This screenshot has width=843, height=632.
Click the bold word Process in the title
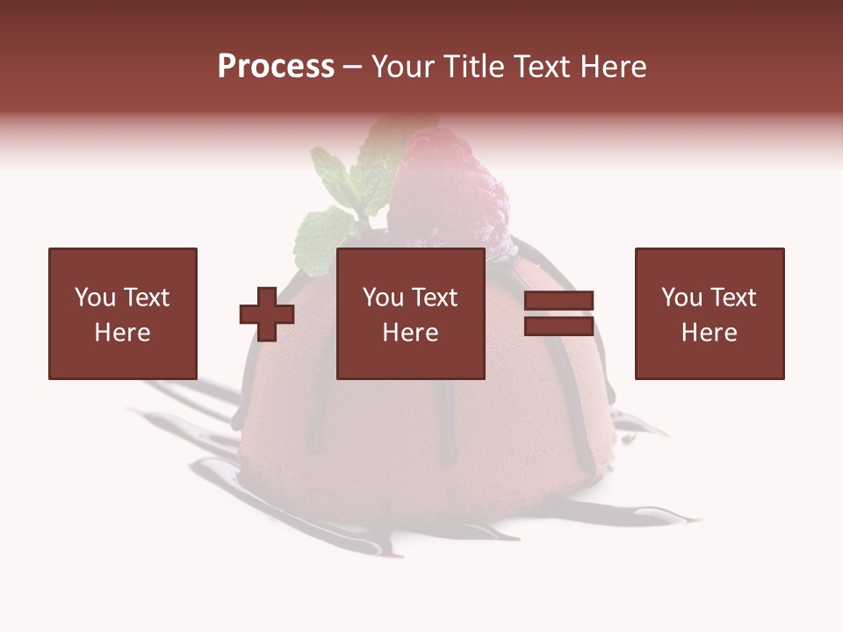click(276, 67)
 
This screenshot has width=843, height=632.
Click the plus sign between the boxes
click(267, 313)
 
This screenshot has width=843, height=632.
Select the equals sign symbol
click(558, 313)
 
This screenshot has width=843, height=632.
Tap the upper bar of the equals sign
click(558, 301)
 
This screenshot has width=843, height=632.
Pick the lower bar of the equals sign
click(558, 326)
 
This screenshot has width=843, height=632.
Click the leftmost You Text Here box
click(123, 313)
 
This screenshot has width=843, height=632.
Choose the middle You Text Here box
click(411, 313)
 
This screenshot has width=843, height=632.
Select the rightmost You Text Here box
click(710, 313)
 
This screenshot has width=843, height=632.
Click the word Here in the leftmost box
click(123, 333)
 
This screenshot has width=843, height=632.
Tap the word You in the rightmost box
click(681, 298)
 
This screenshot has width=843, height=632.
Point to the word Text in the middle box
click(436, 298)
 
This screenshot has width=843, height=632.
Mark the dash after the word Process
click(353, 68)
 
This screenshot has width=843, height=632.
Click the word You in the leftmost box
click(95, 298)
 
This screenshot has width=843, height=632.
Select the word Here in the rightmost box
click(710, 333)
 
